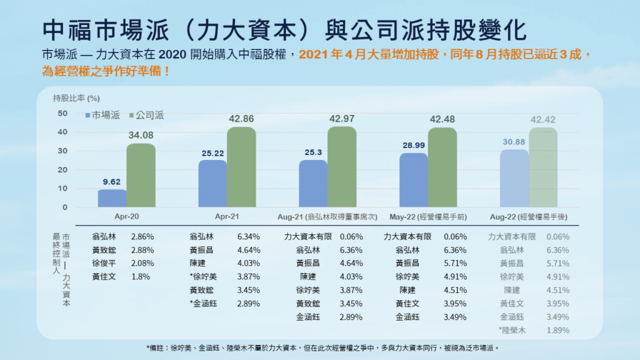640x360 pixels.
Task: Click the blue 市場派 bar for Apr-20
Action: [x=112, y=199]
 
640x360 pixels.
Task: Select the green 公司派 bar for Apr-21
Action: [x=241, y=167]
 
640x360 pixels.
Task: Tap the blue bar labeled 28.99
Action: [x=413, y=181]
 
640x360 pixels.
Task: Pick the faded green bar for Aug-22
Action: [x=542, y=167]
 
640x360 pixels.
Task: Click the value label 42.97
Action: [x=341, y=119]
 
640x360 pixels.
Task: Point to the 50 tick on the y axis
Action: [x=62, y=113]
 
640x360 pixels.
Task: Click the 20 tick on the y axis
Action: [x=62, y=170]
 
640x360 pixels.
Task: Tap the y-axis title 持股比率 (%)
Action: [x=76, y=97]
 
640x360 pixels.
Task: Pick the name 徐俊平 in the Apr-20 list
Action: [x=104, y=263]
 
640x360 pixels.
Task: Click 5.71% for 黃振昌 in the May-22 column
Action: [x=456, y=263]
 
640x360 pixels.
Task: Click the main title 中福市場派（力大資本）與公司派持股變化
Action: [x=285, y=28]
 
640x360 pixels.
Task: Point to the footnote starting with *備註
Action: [x=319, y=347]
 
